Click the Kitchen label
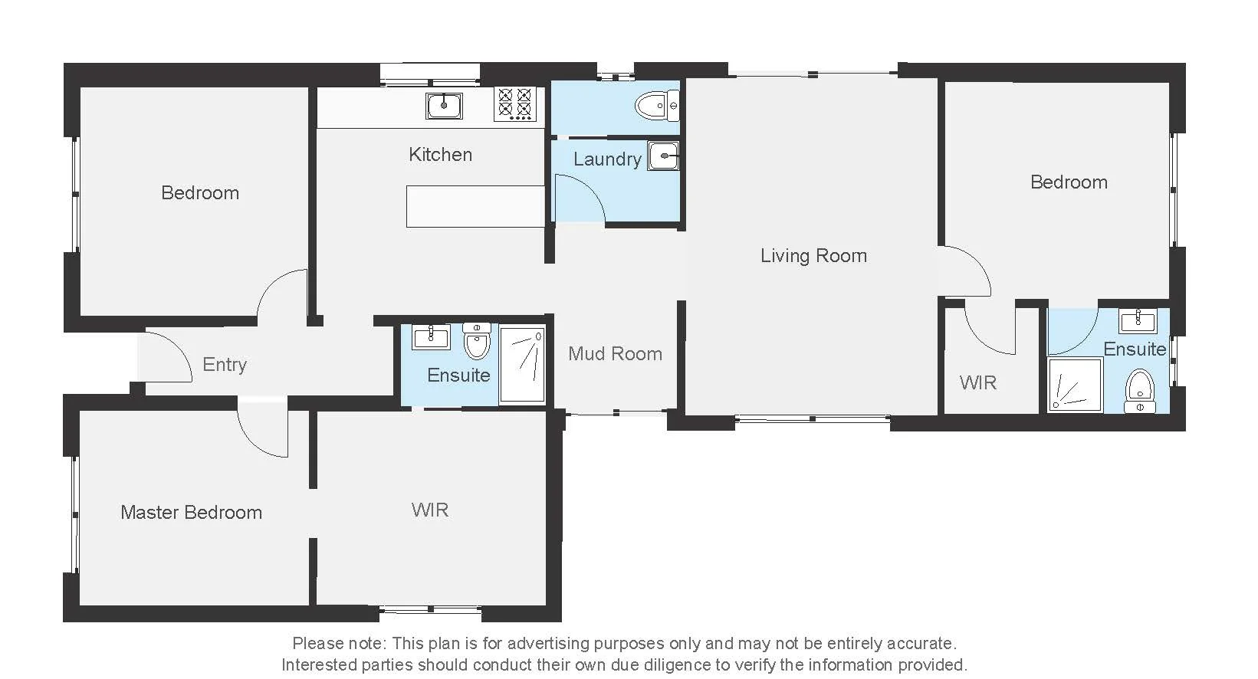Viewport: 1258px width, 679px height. click(440, 155)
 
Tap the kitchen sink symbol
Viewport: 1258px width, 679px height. click(444, 106)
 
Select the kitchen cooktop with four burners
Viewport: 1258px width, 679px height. click(514, 104)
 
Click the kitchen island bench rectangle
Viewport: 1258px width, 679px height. click(475, 206)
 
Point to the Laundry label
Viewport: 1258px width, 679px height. click(607, 159)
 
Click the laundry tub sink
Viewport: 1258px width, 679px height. click(663, 156)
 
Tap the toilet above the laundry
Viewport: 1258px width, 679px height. click(657, 106)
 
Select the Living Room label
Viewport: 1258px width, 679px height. click(813, 256)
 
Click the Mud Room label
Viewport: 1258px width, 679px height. click(615, 354)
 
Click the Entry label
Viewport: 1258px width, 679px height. click(225, 365)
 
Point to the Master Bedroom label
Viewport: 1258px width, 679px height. click(191, 513)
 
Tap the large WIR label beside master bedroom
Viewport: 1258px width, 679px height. click(429, 510)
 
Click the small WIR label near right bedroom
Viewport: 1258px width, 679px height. click(977, 382)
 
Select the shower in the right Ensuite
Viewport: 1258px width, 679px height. click(1075, 385)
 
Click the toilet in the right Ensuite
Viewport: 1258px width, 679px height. click(1140, 391)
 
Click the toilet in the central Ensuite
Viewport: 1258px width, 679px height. click(477, 343)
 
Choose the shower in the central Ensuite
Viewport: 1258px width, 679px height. click(522, 364)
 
